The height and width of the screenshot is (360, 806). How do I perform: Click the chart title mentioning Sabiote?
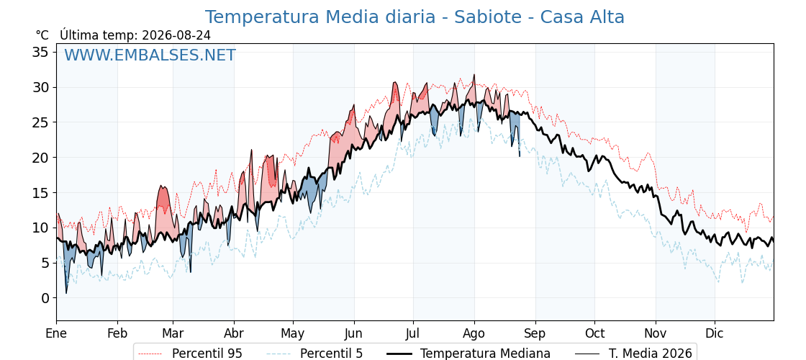click(x=415, y=17)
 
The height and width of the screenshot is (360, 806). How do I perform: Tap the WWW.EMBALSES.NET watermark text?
click(x=150, y=55)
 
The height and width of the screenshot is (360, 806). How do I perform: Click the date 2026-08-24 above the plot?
click(x=176, y=35)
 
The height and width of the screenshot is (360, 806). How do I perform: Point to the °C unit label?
click(x=42, y=35)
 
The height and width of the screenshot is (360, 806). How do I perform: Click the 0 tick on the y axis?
click(x=46, y=298)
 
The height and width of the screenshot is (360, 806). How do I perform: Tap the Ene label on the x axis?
click(x=56, y=334)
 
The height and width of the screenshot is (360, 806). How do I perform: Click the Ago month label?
click(x=474, y=334)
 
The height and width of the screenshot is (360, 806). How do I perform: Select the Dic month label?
click(x=715, y=334)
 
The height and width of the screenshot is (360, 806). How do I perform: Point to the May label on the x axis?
click(x=292, y=334)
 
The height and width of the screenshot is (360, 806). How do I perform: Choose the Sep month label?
click(x=535, y=334)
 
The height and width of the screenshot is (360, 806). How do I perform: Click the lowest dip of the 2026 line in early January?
click(x=65, y=293)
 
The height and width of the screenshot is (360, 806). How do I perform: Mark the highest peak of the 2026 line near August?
click(x=474, y=75)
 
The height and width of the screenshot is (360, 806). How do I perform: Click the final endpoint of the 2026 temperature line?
click(x=520, y=156)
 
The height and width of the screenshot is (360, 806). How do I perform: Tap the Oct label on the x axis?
click(x=594, y=334)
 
